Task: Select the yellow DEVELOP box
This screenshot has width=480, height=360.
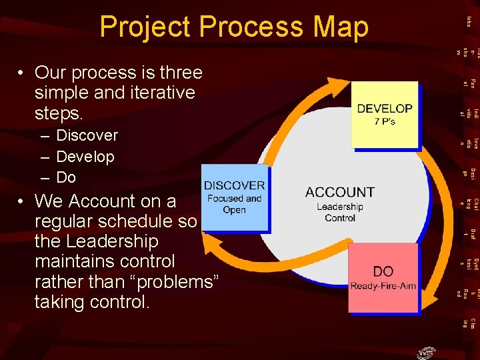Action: [384, 114]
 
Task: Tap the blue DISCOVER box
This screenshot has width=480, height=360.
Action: [234, 197]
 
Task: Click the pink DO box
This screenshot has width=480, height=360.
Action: [383, 277]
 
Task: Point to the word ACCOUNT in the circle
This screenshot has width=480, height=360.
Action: [340, 192]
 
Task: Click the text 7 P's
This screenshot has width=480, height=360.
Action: [385, 122]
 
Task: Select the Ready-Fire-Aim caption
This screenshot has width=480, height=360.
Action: [383, 287]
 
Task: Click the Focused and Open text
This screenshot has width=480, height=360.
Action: [235, 204]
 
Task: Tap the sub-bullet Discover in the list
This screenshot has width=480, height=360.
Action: [87, 135]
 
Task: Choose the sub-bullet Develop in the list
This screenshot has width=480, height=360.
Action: [85, 157]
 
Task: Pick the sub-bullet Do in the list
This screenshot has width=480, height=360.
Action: [66, 177]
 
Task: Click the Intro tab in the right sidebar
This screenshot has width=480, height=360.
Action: [469, 22]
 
